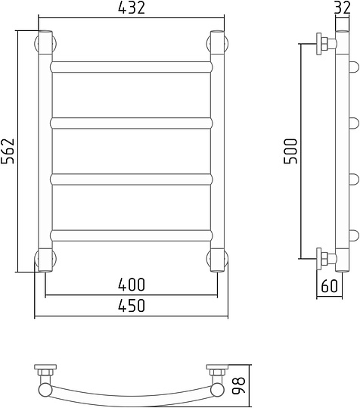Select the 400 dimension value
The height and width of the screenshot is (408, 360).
[131, 285]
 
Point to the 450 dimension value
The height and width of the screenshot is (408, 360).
[131, 306]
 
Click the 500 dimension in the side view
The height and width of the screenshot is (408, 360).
[292, 151]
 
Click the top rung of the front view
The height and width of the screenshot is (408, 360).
[131, 67]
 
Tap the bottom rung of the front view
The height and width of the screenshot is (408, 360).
[131, 235]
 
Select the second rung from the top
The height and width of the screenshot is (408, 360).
[131, 122]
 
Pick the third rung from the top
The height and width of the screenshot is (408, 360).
[131, 179]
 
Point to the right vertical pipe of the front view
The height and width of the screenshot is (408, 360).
[217, 151]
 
